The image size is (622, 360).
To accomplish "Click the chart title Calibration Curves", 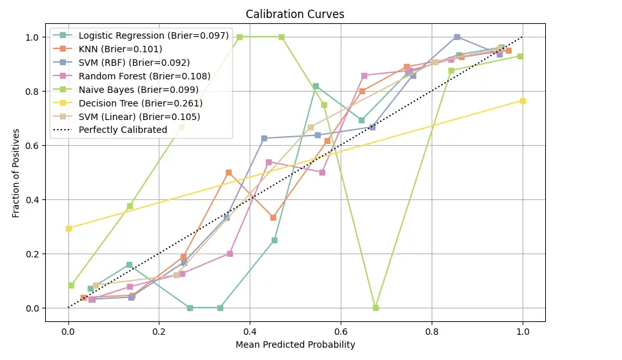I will [x=295, y=14].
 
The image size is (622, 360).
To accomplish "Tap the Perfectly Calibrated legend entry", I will [x=123, y=130].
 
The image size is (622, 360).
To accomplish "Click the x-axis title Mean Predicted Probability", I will [x=295, y=345].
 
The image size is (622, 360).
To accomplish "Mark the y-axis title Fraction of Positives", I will [x=16, y=173].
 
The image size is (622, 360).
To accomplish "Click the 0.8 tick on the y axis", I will [x=32, y=92].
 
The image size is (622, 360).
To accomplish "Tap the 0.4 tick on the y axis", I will [x=32, y=200].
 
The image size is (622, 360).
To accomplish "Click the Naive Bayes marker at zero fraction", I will [x=376, y=308].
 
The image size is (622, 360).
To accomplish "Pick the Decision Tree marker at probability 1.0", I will [x=522, y=101].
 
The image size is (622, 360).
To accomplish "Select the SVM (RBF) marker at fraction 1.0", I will [x=457, y=37].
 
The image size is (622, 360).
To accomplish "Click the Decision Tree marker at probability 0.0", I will [x=68, y=228].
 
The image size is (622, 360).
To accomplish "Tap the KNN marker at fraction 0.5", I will [x=228, y=173].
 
